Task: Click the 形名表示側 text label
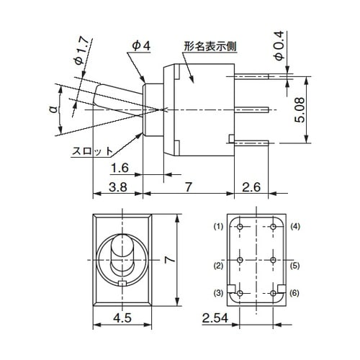(211, 45)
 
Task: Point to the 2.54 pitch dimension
(215, 316)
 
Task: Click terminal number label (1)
(219, 226)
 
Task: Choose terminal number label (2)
(219, 266)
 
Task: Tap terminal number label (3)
(219, 292)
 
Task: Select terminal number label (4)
(295, 226)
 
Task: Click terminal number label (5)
(295, 266)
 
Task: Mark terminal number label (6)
(295, 292)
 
